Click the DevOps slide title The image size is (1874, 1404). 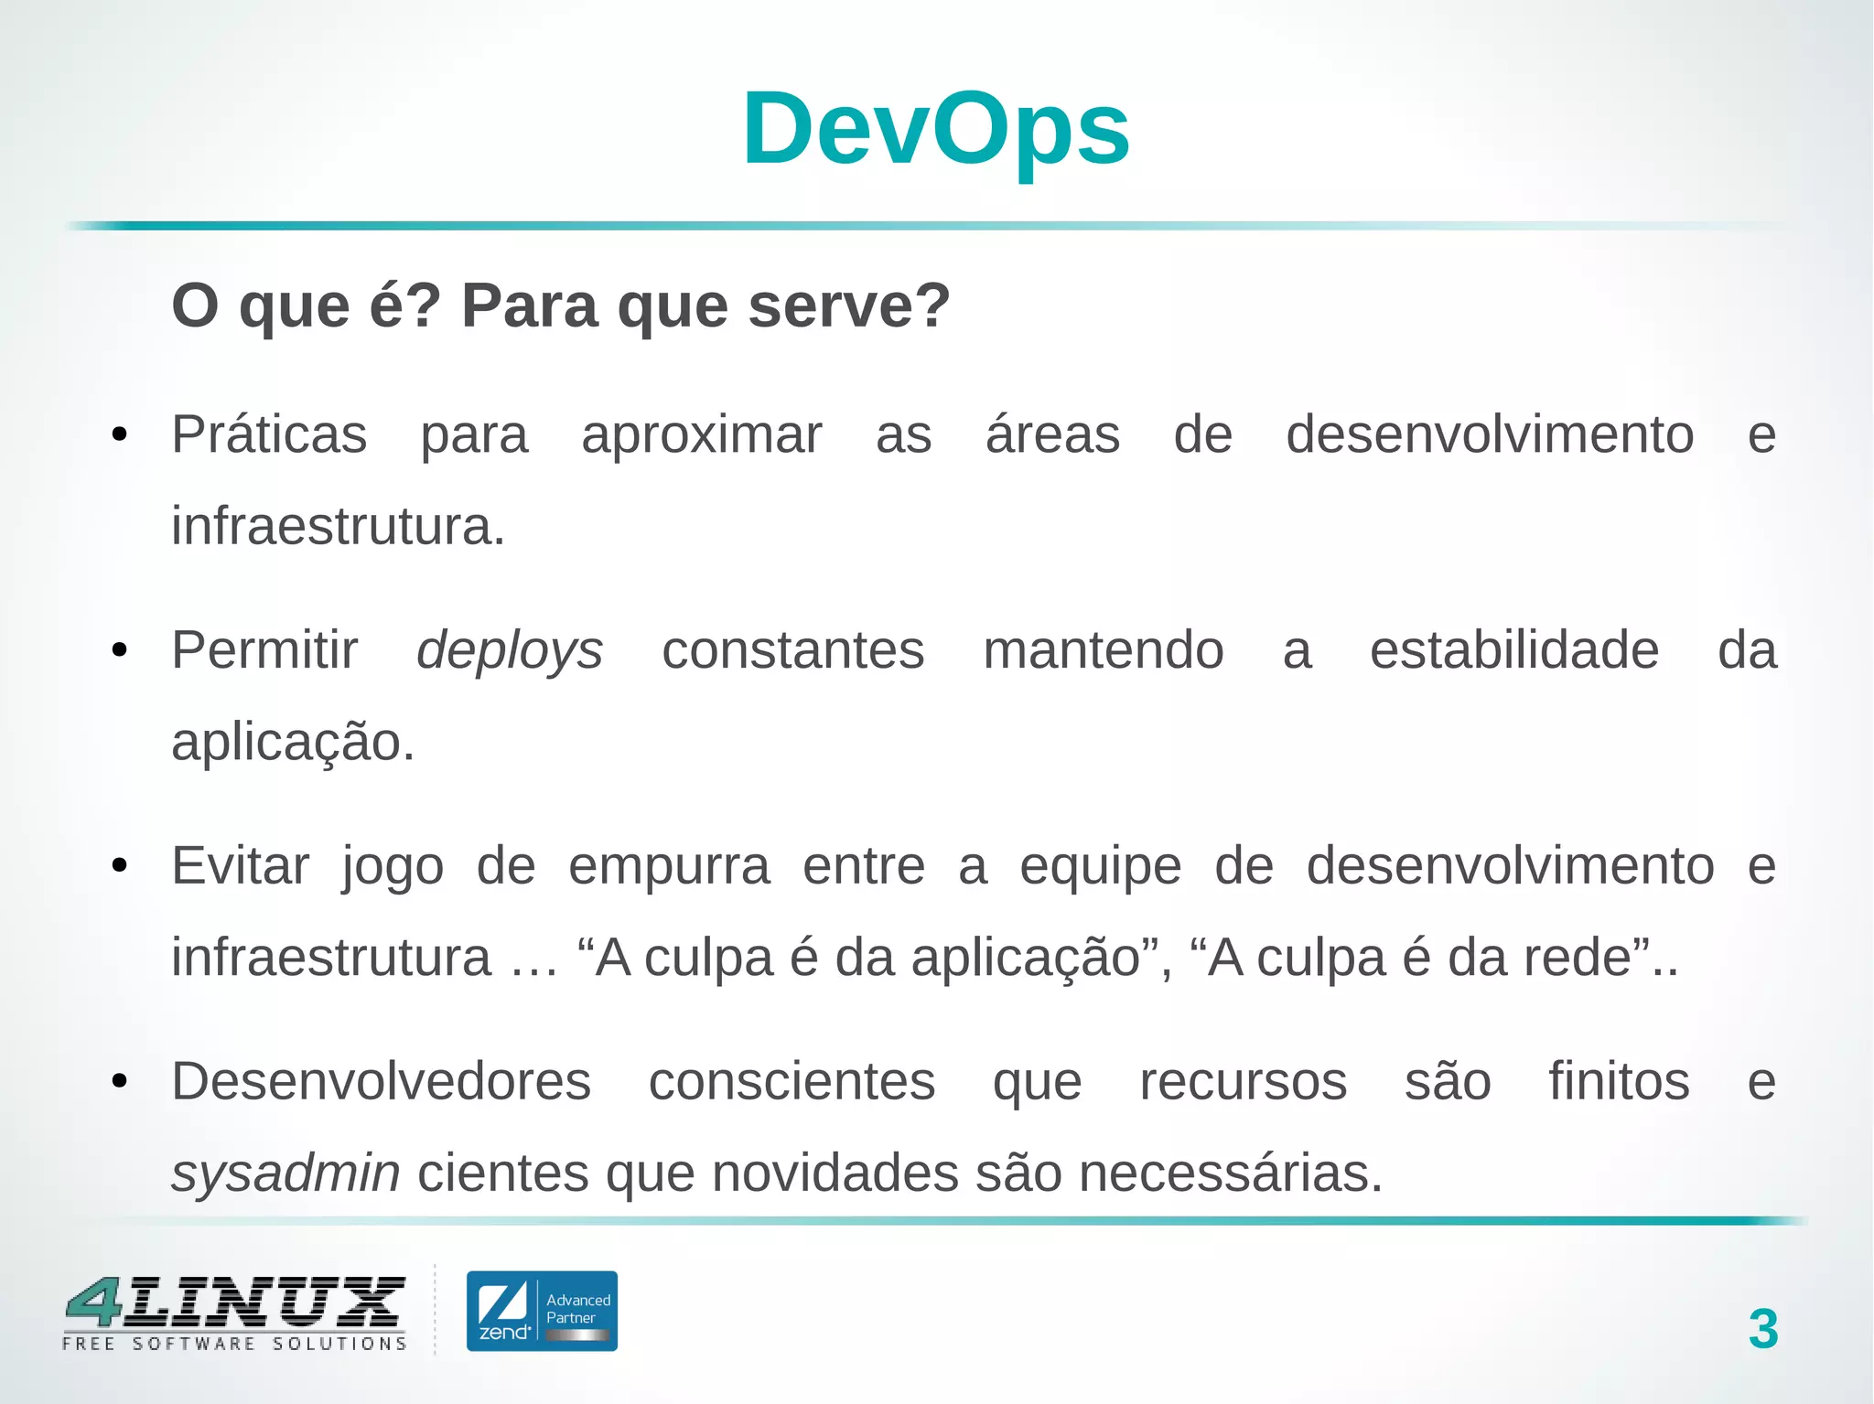point(935,129)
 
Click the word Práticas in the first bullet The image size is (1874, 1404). point(269,434)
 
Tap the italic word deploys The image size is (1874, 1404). point(510,651)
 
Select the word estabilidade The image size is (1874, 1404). point(1513,650)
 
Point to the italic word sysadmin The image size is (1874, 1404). point(285,1174)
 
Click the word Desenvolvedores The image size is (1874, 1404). point(382,1081)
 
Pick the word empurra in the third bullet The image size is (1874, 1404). point(669,866)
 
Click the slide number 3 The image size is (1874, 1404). point(1762,1329)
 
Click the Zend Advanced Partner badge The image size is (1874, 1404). point(542,1311)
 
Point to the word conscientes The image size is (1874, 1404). point(792,1081)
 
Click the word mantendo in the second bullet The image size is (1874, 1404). point(1103,650)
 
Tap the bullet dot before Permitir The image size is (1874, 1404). point(119,651)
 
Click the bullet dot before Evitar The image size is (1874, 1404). point(119,866)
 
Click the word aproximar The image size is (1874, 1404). point(702,434)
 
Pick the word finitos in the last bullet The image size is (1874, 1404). point(1618,1081)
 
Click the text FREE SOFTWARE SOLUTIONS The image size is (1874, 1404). point(234,1344)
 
